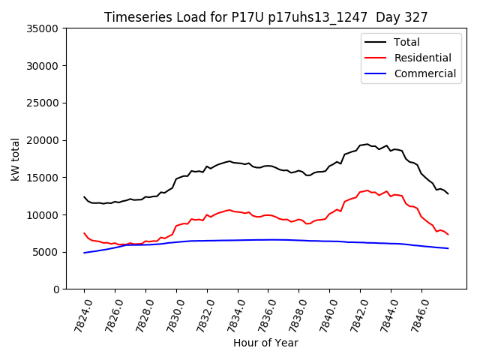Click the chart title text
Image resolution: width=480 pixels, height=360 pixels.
pos(265,17)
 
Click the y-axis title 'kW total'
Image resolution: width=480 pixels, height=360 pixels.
pos(16,158)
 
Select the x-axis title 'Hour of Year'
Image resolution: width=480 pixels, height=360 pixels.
pos(265,343)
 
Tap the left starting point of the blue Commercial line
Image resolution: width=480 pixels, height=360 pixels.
pos(84,253)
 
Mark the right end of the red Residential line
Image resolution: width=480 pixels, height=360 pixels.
pos(448,235)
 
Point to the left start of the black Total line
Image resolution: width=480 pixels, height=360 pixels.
pos(84,196)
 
